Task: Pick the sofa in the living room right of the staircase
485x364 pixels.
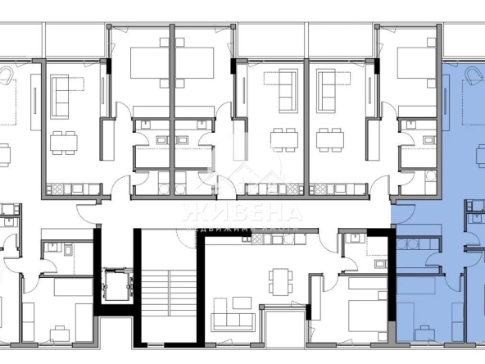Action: click(231, 321)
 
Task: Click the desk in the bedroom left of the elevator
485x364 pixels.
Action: click(58, 333)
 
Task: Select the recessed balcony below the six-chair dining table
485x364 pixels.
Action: click(282, 331)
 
